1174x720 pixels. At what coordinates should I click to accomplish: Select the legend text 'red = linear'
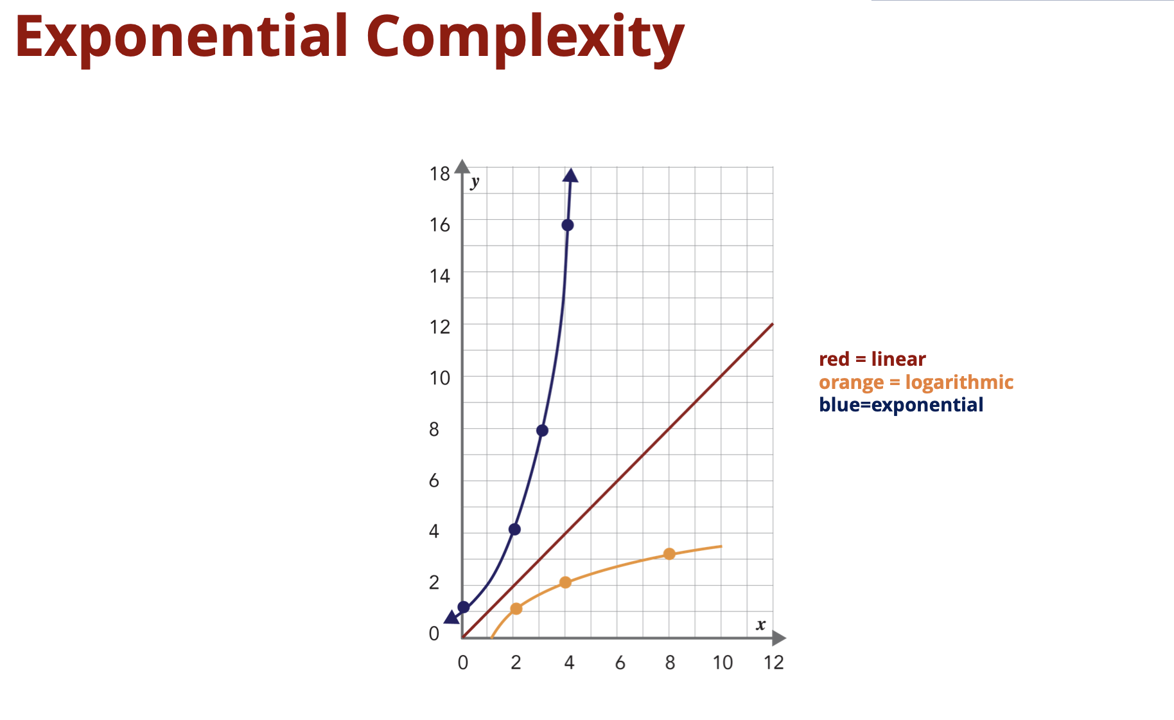(x=872, y=359)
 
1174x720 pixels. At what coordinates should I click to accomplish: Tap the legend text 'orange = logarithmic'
(x=916, y=382)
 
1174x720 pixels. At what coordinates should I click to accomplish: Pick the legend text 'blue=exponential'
(x=901, y=405)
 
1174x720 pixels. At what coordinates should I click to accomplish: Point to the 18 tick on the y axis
(x=440, y=174)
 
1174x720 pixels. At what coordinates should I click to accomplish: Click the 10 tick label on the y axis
(x=440, y=378)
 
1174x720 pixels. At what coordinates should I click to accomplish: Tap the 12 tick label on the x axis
(x=774, y=663)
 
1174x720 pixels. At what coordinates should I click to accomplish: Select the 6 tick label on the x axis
(x=620, y=663)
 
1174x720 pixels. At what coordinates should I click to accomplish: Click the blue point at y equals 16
(x=568, y=225)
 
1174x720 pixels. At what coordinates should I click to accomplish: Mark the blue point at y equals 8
(x=542, y=431)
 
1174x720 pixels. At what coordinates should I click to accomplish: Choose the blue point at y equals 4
(x=514, y=530)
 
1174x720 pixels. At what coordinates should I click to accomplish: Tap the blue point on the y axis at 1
(x=464, y=607)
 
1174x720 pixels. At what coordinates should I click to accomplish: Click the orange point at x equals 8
(x=669, y=554)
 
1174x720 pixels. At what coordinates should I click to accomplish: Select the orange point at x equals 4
(x=565, y=582)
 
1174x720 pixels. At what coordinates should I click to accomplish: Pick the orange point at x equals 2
(x=516, y=609)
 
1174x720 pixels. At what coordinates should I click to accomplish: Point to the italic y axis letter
(x=475, y=182)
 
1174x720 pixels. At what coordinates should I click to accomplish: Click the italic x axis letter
(x=761, y=625)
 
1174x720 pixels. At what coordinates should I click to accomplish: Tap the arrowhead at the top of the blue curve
(x=570, y=175)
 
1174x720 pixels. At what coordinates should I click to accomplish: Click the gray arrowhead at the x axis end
(x=779, y=638)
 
